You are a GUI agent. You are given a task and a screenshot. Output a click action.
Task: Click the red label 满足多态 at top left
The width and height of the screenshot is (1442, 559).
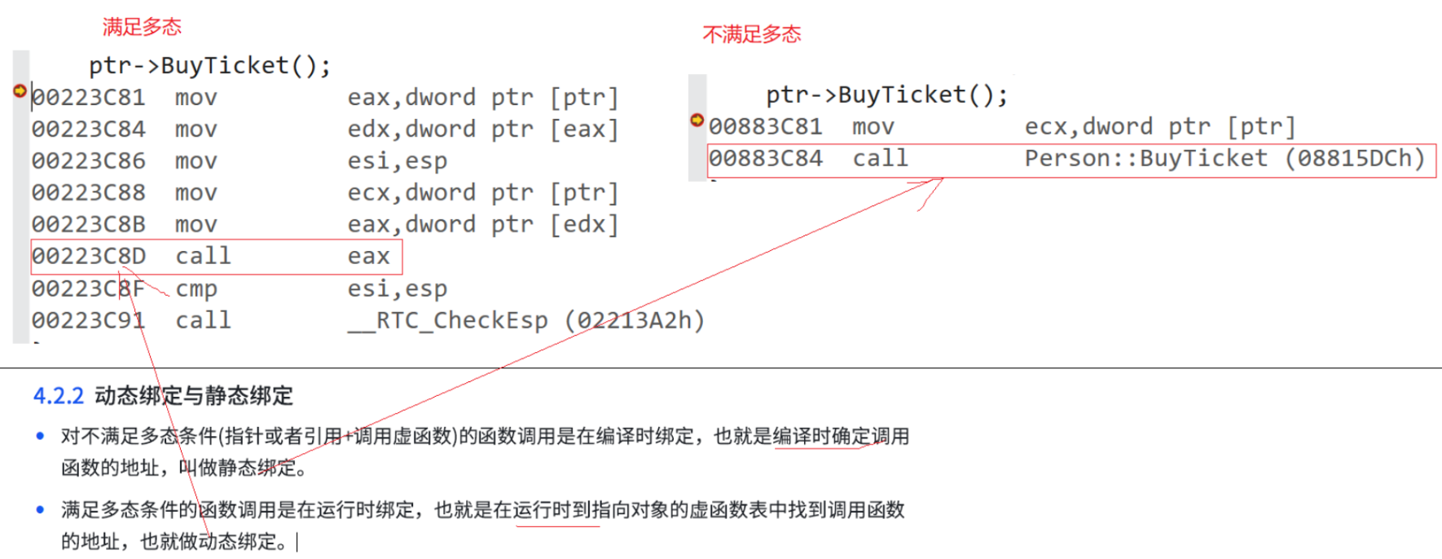tap(142, 27)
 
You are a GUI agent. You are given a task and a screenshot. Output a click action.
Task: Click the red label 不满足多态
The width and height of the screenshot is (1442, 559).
tap(751, 34)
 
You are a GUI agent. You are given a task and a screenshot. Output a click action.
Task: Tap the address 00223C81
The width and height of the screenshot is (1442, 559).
tap(88, 98)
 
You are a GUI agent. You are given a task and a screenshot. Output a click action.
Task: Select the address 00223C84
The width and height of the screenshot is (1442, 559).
tap(88, 130)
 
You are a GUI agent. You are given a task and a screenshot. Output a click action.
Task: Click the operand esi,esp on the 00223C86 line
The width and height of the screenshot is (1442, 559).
tap(397, 161)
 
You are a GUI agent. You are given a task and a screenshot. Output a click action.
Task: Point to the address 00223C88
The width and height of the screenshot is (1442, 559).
tap(88, 193)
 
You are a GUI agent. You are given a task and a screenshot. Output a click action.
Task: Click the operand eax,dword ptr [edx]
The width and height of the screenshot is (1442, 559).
tap(482, 225)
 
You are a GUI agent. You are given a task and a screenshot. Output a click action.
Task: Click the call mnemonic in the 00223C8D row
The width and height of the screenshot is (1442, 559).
tap(203, 257)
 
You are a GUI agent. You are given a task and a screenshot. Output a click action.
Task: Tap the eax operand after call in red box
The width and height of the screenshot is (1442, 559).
tap(368, 257)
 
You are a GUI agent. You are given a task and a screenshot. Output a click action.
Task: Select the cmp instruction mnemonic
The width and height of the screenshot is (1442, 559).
tap(196, 289)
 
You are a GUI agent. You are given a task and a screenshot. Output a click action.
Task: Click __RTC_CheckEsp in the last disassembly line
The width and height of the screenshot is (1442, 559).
tap(447, 321)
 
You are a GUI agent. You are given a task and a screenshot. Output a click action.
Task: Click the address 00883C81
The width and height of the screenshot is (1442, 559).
tap(765, 127)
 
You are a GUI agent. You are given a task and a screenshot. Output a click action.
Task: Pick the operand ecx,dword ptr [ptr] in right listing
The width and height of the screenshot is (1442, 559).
tap(1159, 127)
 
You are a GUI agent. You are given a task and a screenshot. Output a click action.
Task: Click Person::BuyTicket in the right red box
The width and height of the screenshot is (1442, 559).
tap(1145, 159)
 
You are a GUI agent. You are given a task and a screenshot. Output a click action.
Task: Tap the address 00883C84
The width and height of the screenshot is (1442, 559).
tap(765, 159)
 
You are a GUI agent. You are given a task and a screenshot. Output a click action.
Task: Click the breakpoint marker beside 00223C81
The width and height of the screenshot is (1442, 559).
tap(20, 90)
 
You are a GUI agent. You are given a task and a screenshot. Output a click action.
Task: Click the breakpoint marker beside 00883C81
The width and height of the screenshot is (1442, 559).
tap(697, 120)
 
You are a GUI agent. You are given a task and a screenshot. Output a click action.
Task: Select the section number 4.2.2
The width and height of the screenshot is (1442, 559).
tap(58, 396)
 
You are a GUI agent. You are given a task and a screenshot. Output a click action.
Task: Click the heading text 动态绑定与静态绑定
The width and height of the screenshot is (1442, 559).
tap(194, 396)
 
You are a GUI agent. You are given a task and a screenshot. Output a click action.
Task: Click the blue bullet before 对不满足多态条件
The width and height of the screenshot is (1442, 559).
tap(40, 436)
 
